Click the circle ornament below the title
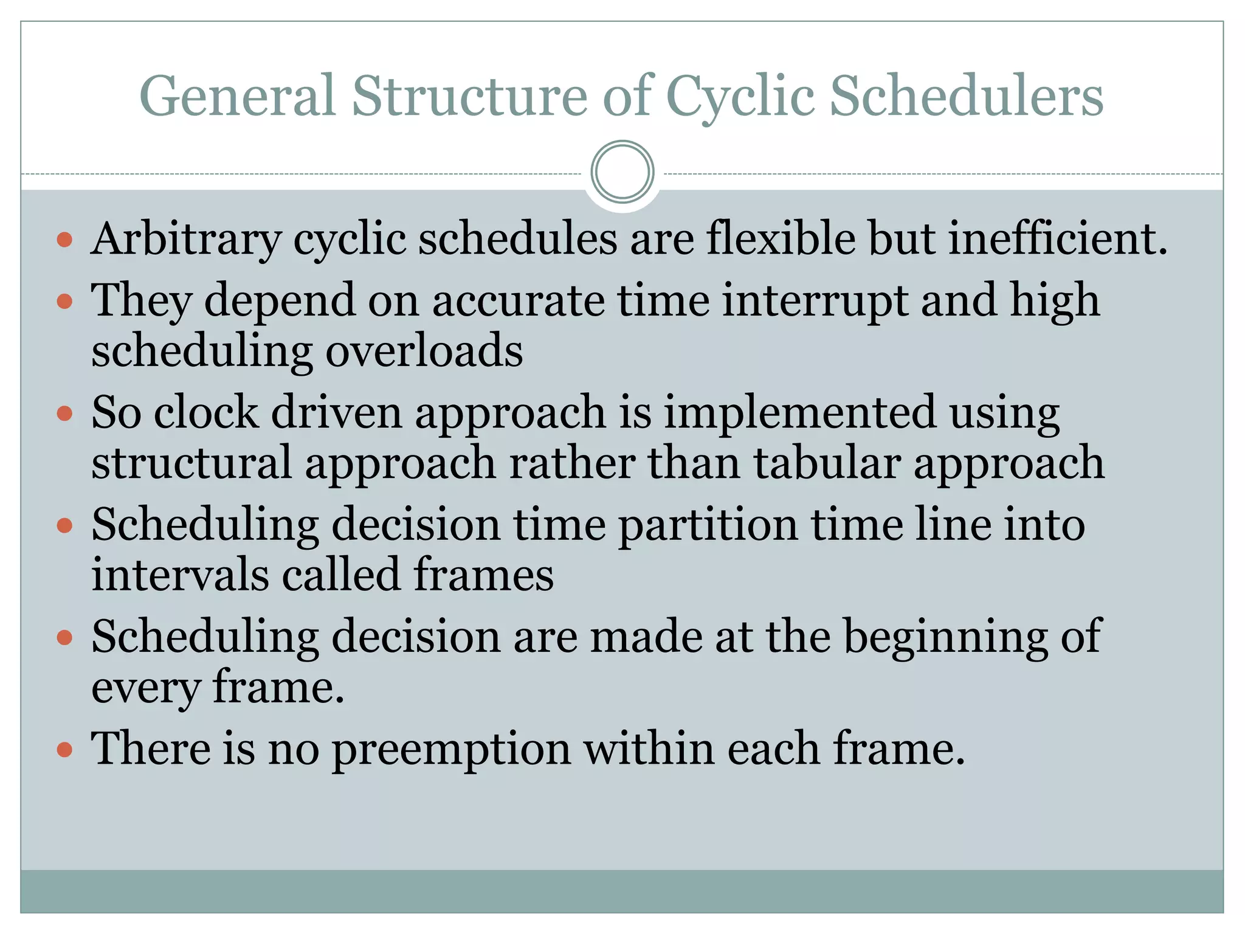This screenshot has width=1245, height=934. tap(622, 172)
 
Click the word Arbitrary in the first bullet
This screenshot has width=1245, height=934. tap(186, 239)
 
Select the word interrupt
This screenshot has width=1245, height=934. tap(815, 301)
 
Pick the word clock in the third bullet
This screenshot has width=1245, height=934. tap(206, 413)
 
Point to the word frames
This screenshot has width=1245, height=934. tap(484, 575)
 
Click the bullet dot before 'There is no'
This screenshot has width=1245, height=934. tap(64, 750)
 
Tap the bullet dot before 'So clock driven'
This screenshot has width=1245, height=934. tap(64, 414)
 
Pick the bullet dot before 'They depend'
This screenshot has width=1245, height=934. tap(64, 302)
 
